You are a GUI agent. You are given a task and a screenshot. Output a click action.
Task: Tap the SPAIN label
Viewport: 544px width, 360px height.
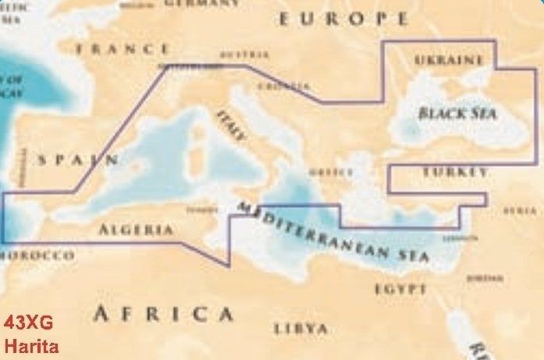pyautogui.click(x=79, y=160)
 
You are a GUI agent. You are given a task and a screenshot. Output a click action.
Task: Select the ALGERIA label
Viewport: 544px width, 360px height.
pyautogui.click(x=136, y=230)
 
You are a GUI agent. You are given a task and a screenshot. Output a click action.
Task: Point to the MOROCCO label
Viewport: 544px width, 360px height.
pyautogui.click(x=37, y=255)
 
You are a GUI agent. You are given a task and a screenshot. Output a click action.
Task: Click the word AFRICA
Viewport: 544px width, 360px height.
pyautogui.click(x=163, y=314)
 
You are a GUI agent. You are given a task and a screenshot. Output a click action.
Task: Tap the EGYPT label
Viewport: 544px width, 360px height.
pyautogui.click(x=400, y=289)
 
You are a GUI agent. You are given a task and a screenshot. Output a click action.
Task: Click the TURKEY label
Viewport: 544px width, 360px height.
pyautogui.click(x=456, y=171)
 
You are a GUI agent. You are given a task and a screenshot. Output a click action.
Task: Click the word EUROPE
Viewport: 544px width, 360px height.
pyautogui.click(x=344, y=19)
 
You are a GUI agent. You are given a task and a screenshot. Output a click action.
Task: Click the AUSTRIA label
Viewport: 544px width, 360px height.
pyautogui.click(x=244, y=55)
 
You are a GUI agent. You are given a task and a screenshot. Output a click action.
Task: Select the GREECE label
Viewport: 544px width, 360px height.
pyautogui.click(x=326, y=172)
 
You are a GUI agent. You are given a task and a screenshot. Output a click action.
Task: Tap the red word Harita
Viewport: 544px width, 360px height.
pyautogui.click(x=30, y=344)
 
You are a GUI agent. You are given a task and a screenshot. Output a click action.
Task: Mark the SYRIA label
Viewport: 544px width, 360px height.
pyautogui.click(x=520, y=211)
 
